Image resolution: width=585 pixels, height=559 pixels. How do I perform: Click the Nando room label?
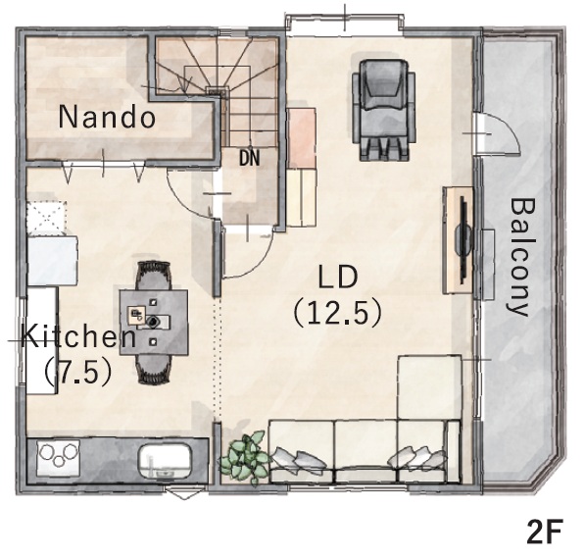coord(107,117)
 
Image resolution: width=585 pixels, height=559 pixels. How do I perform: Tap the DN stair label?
coord(249,158)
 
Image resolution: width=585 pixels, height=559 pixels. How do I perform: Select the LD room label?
coord(338,277)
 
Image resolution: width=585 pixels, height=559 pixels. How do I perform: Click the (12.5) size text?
coord(338,313)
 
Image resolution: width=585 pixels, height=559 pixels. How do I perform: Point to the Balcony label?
coord(522,257)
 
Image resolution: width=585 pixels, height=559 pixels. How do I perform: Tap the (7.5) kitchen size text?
coord(78,372)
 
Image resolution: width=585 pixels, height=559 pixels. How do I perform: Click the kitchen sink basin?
coord(166,462)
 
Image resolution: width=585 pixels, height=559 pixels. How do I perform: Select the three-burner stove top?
coord(59,458)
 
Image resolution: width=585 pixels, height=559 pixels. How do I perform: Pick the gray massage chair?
coord(383,110)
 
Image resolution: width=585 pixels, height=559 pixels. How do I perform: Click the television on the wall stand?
coord(463,239)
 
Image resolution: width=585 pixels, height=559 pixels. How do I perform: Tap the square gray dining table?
coord(154,322)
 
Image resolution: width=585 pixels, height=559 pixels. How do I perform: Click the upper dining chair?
coord(154,276)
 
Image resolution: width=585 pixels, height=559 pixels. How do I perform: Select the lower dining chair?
coord(154,369)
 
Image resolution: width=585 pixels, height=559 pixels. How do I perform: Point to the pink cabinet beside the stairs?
coord(302,138)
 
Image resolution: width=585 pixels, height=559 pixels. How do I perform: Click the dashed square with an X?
coord(47,217)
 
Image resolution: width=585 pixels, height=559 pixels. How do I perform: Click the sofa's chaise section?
coord(429,387)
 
